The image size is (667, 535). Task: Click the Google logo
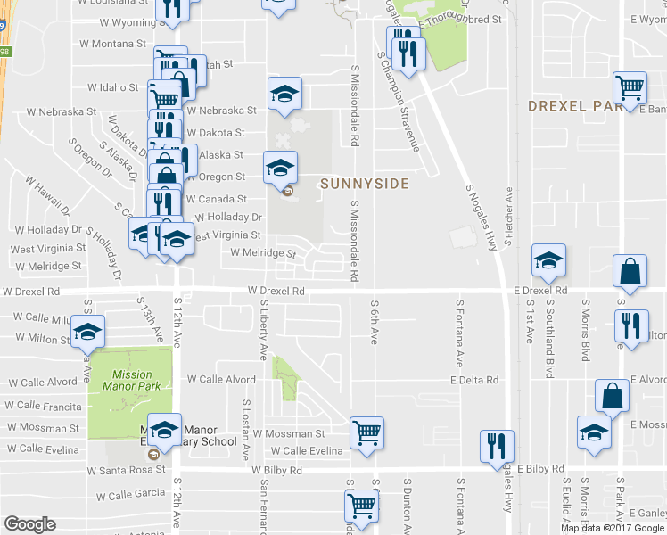click(x=29, y=524)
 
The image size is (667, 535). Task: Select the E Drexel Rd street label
click(x=540, y=291)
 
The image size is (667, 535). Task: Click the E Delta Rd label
click(x=473, y=380)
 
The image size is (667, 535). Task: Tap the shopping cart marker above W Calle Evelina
click(x=366, y=433)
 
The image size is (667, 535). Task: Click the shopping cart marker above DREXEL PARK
click(x=630, y=86)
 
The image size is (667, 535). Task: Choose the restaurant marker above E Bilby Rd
click(x=497, y=446)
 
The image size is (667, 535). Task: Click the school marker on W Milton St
click(x=87, y=332)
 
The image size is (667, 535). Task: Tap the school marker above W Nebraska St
click(x=284, y=93)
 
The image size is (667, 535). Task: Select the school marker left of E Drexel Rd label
click(x=548, y=259)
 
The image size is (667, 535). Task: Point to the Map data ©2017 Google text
click(x=613, y=528)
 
